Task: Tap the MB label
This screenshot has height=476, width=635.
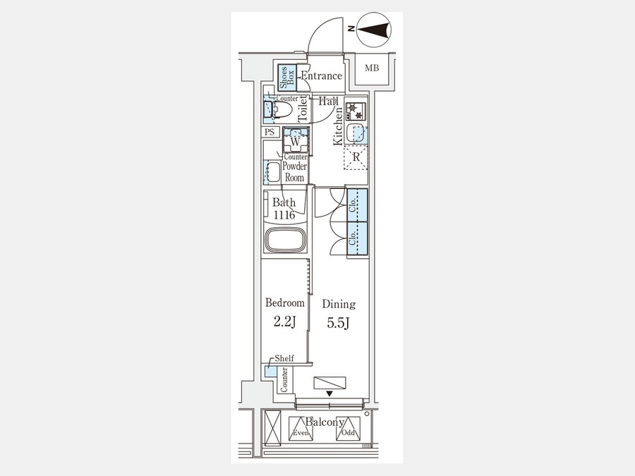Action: pos(372,68)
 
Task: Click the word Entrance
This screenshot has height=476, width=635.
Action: pos(322,75)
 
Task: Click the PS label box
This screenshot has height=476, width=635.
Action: pos(270,132)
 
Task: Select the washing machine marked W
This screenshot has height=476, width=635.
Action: pos(296,140)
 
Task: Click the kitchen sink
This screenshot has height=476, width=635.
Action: pos(357,133)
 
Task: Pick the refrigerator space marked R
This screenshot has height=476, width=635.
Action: pos(356,157)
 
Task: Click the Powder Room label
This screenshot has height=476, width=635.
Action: pos(295,171)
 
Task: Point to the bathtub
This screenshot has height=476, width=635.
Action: pos(285,240)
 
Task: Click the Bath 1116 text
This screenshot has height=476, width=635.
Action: pos(284,209)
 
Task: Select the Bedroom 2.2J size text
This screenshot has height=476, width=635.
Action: pos(285,322)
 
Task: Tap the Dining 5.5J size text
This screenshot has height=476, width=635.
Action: pos(339,323)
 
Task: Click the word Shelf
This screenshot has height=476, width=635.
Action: pos(284,358)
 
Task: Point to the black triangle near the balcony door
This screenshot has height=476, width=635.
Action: pos(329,393)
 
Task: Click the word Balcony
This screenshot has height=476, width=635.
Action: pos(325,422)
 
